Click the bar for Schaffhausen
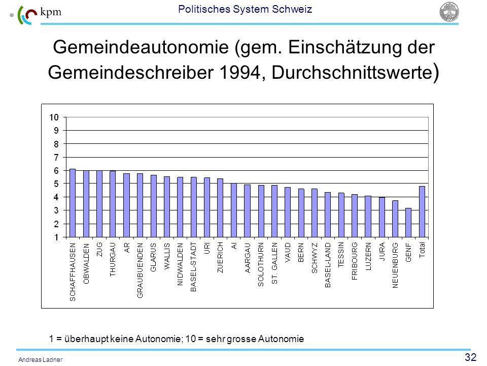coord(73,203)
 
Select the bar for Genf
coord(408,223)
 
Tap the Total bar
coord(422,212)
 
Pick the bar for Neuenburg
coord(395,219)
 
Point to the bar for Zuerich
coord(220,208)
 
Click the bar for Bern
coord(301,213)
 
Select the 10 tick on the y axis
coord(54,117)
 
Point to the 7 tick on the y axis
coord(56,158)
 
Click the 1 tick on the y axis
coord(56,237)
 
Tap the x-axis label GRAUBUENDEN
coord(140,270)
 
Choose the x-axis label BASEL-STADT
coord(193,267)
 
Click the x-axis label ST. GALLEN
coord(274,263)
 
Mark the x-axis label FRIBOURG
coord(355,261)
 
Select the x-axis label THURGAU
coord(113,260)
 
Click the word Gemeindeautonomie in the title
coord(141,47)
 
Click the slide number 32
coord(471,357)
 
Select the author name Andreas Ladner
coord(41,360)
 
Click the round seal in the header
coord(449,12)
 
